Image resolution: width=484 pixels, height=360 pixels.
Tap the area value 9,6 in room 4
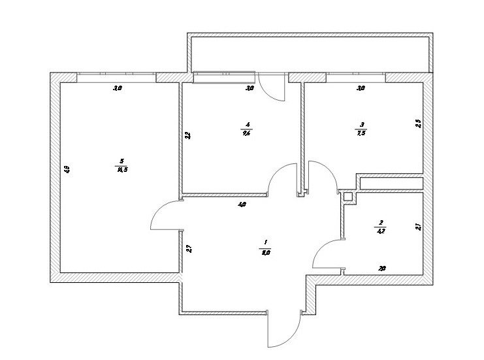pos(246,132)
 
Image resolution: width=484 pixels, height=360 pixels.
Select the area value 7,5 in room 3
pos(361,132)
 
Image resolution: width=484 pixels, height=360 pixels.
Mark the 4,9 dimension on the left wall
pos(67,169)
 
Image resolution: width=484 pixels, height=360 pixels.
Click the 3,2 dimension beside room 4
pos(187,136)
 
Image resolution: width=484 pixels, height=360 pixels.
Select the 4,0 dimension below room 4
pos(242,205)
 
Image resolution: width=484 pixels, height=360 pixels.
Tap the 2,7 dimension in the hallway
pos(188,248)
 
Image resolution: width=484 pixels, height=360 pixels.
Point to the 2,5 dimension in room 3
pos(418,122)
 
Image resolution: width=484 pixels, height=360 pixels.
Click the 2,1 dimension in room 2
pos(418,227)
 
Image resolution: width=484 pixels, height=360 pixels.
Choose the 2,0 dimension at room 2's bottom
pos(382,268)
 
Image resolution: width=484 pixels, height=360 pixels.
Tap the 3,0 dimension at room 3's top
pos(360,87)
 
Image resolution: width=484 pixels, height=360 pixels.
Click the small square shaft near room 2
pos(348,196)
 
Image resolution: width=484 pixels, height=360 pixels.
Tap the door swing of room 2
pos(327,255)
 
